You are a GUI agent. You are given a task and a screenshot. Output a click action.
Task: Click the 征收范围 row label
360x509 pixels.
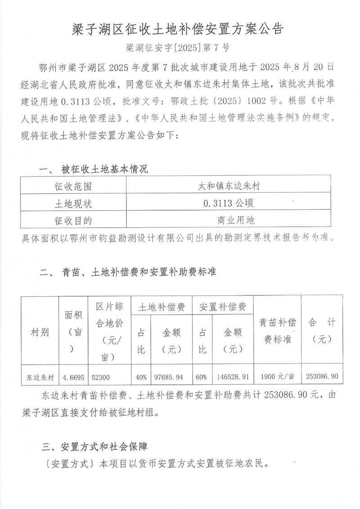(x=73, y=186)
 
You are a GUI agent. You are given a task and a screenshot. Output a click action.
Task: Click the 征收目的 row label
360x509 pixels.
(x=73, y=221)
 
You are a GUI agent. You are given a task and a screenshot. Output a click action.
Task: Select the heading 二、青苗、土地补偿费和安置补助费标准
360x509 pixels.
(x=128, y=272)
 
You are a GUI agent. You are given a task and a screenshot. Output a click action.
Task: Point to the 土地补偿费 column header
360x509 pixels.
(x=161, y=307)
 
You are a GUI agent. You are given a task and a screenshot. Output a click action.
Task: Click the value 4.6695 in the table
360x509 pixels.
(x=73, y=377)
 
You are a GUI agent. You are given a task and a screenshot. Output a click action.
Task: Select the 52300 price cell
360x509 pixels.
(x=100, y=377)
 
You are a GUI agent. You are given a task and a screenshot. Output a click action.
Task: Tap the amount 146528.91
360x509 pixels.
(x=233, y=377)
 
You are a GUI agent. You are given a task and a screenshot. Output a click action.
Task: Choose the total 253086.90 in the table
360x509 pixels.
(x=322, y=377)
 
